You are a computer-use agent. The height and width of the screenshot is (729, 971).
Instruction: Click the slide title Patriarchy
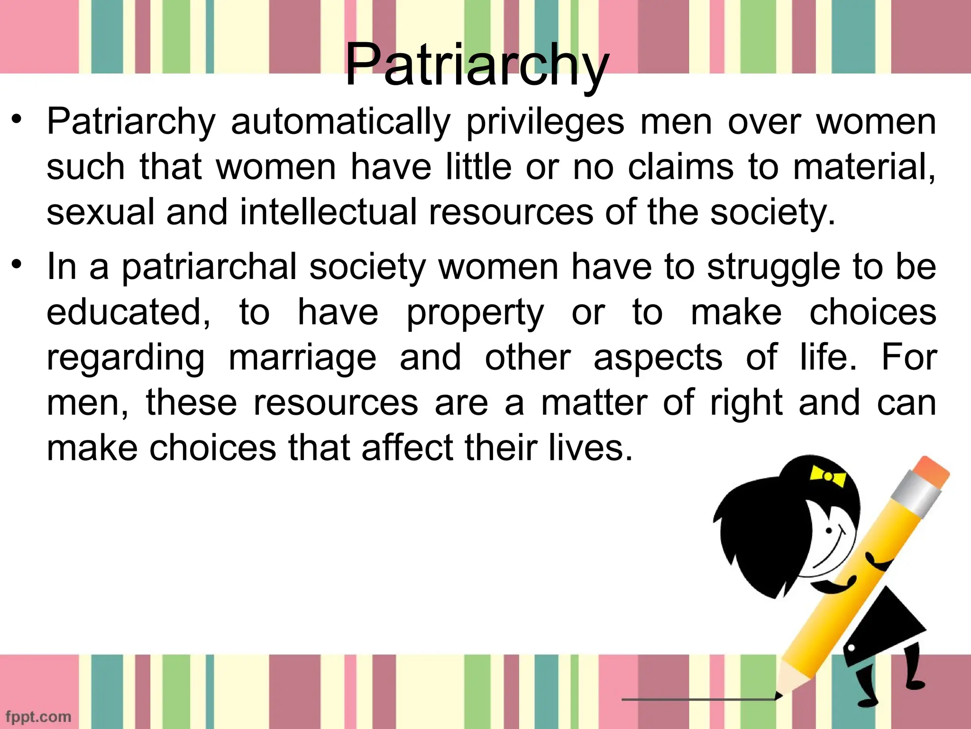pyautogui.click(x=476, y=65)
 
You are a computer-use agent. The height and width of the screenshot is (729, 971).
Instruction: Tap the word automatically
pyautogui.click(x=340, y=122)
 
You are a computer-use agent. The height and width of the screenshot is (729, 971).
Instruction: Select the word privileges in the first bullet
pyautogui.click(x=546, y=122)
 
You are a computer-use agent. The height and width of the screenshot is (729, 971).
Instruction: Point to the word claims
pyautogui.click(x=680, y=167)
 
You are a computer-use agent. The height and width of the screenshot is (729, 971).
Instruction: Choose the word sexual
pyautogui.click(x=101, y=212)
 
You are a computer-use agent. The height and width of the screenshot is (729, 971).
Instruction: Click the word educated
pyautogui.click(x=128, y=313)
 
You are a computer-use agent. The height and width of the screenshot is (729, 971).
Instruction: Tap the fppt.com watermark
pyautogui.click(x=38, y=716)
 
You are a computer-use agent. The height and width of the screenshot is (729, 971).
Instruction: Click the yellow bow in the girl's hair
pyautogui.click(x=828, y=476)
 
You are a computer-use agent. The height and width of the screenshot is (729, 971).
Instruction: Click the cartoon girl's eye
pyautogui.click(x=829, y=530)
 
